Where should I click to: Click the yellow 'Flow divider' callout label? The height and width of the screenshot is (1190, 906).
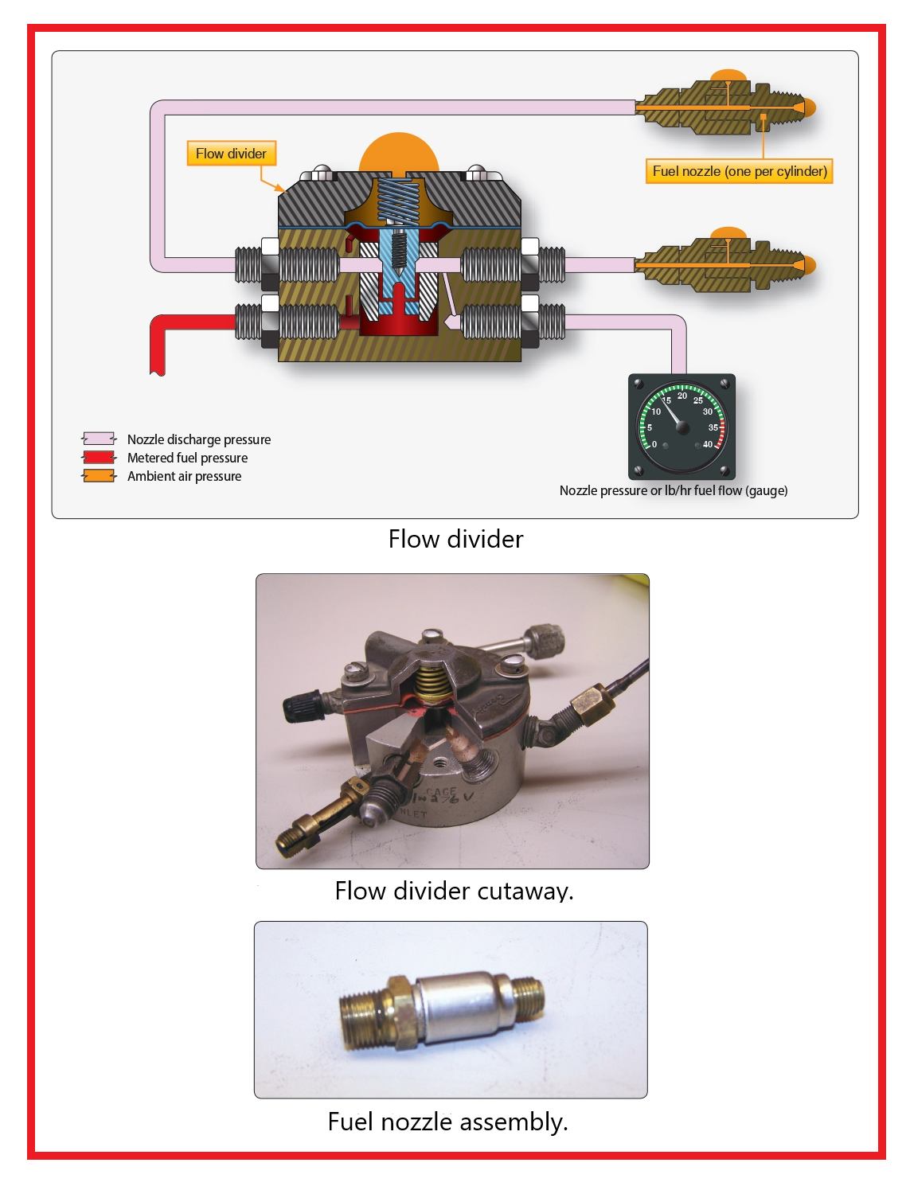231,154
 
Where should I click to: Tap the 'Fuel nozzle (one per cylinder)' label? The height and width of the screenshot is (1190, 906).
739,171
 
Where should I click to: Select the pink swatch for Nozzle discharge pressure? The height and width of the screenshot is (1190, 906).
99,439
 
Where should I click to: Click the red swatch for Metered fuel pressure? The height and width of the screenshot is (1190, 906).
99,458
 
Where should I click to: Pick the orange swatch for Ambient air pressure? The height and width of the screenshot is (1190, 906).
99,476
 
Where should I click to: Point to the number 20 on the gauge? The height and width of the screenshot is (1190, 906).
682,396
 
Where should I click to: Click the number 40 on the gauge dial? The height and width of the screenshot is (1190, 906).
708,444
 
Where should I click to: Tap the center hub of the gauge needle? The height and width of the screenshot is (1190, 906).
682,427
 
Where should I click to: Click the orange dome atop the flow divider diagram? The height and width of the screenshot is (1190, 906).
398,151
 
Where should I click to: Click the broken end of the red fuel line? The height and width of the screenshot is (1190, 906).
157,369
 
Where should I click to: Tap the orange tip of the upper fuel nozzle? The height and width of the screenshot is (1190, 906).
810,107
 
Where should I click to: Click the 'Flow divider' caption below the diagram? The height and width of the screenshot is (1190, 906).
455,540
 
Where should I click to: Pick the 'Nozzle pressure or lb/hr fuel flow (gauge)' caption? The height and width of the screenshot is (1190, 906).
674,490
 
